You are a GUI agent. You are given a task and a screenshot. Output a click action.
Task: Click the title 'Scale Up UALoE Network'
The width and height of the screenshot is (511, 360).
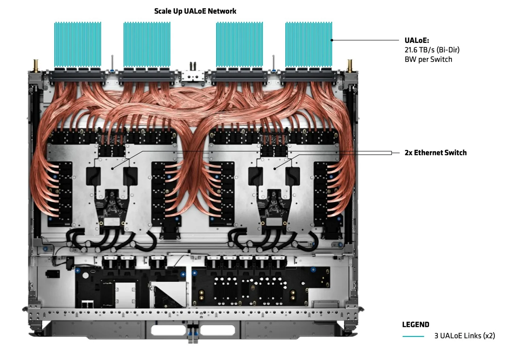(195, 11)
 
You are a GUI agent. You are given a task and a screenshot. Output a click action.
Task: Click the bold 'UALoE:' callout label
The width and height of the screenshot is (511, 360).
(417, 41)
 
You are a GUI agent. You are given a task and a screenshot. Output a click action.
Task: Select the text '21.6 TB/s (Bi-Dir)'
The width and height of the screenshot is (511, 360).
(432, 50)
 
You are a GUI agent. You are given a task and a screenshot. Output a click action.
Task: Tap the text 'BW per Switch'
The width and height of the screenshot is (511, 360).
(428, 59)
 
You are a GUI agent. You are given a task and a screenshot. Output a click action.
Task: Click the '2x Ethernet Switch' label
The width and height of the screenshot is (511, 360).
(435, 153)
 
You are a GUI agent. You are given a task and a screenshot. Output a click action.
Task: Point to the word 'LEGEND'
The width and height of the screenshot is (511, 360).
(416, 325)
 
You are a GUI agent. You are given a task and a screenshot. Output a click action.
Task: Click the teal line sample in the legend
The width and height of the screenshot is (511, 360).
(413, 336)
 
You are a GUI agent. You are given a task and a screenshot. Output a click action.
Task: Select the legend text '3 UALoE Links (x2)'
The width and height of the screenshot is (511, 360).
(465, 336)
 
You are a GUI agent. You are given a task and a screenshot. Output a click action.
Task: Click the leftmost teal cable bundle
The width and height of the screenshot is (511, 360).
(78, 44)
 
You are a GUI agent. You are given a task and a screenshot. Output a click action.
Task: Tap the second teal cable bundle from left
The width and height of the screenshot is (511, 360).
(147, 44)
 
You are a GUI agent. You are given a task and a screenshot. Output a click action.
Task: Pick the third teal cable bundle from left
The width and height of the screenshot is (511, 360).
(239, 44)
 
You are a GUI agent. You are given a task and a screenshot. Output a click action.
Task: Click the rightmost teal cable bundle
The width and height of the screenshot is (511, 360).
(309, 44)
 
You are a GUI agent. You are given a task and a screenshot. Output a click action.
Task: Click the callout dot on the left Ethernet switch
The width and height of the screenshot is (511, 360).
(112, 169)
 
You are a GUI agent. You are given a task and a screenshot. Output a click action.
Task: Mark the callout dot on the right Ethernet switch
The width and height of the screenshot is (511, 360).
(275, 169)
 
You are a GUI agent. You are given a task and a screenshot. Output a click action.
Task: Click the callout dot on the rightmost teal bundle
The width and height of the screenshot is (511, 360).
(332, 40)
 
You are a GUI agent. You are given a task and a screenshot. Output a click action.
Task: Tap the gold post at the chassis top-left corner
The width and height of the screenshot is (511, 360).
(36, 65)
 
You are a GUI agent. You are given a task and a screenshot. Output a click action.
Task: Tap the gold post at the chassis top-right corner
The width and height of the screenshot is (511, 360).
(350, 65)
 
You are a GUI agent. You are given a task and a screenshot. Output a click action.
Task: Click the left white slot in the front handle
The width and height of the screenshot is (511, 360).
(169, 330)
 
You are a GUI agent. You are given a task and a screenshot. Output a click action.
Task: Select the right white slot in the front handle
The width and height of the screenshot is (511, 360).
(217, 330)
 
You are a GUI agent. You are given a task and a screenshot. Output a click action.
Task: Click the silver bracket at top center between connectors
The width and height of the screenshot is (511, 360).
(193, 76)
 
